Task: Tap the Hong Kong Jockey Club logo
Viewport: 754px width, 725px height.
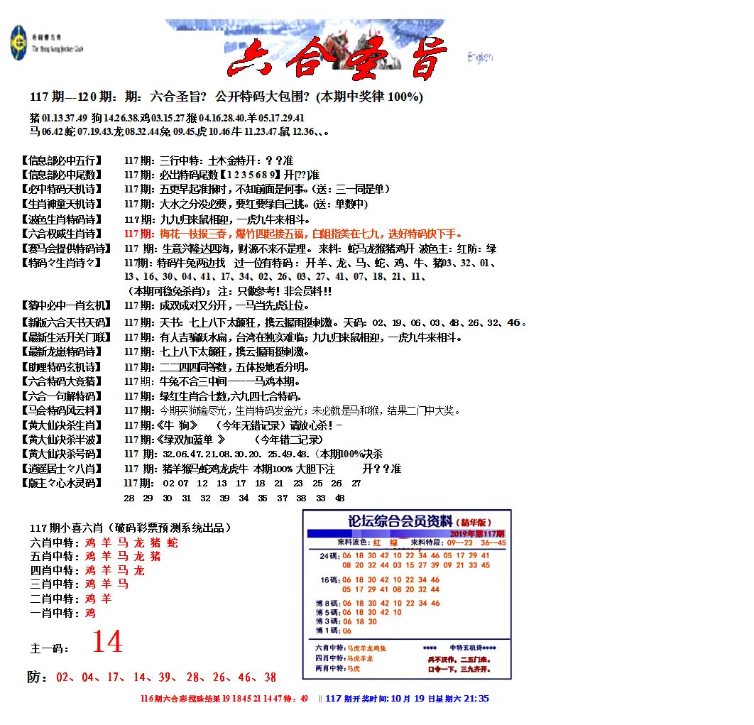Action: (x=18, y=43)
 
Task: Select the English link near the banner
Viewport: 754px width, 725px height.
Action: (x=480, y=58)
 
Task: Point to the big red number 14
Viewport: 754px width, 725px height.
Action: (x=107, y=642)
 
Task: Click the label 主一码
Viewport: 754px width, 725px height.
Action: (x=50, y=648)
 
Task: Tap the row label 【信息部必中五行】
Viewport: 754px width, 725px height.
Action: (x=62, y=160)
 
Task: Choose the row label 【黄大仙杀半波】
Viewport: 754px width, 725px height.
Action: (x=62, y=440)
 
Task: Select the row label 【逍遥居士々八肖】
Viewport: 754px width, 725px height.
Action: (x=62, y=469)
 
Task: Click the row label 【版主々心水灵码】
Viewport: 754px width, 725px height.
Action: (x=62, y=483)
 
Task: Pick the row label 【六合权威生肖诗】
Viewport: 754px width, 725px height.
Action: (x=62, y=234)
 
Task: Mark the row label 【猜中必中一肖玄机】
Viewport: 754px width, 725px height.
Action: (x=66, y=305)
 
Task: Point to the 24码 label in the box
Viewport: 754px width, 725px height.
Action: (x=329, y=555)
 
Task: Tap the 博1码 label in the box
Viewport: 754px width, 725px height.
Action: (x=328, y=630)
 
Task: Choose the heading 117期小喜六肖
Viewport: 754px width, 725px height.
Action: (x=130, y=528)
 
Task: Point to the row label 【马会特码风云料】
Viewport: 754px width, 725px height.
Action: (x=62, y=410)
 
